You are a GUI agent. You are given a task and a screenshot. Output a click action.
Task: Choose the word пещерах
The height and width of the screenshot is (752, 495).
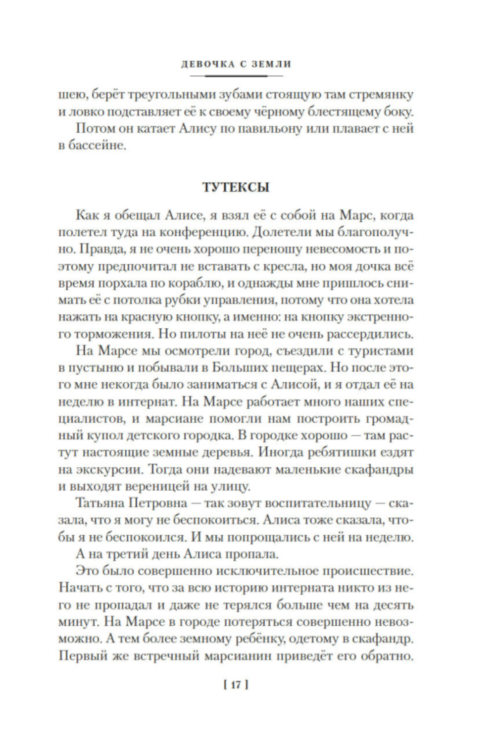[293, 368]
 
